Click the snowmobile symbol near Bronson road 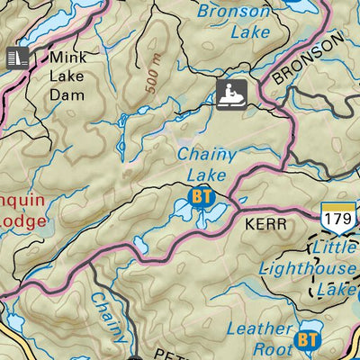(x=230, y=93)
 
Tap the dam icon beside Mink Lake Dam (x=17, y=57)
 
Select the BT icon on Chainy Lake (x=201, y=195)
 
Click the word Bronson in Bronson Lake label (x=232, y=12)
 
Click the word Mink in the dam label (x=68, y=57)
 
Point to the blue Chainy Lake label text (x=207, y=164)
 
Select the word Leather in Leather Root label (x=259, y=329)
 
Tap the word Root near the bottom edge (x=271, y=349)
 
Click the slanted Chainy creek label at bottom (x=107, y=317)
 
